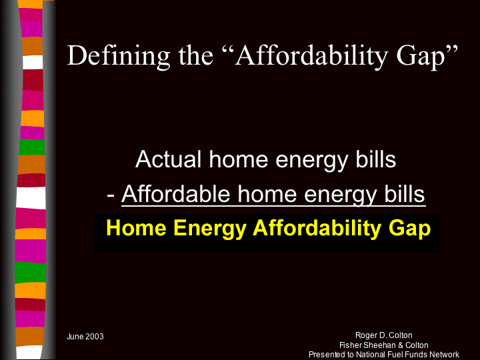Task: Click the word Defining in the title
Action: (119, 56)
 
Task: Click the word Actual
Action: (168, 159)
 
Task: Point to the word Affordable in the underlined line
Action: (176, 194)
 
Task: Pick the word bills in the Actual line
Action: (375, 159)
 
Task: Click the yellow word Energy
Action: (210, 229)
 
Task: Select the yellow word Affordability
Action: (317, 229)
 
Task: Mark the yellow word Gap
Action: (409, 229)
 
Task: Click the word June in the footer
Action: (75, 337)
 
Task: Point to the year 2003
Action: (94, 337)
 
